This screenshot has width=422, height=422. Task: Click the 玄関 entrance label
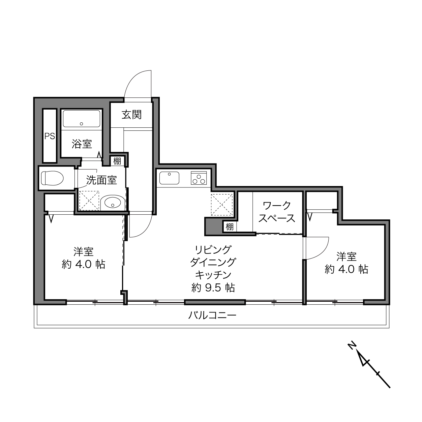(x=131, y=115)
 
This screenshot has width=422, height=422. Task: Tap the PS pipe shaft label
(x=50, y=136)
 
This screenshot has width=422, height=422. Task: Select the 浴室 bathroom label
(x=82, y=144)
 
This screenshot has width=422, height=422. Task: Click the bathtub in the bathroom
(x=82, y=118)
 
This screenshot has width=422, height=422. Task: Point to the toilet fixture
(x=52, y=178)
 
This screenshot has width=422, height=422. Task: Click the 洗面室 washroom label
(x=101, y=180)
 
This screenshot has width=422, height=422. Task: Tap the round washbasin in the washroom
(x=113, y=202)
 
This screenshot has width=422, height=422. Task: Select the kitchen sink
(x=169, y=178)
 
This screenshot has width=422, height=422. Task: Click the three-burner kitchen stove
(x=199, y=178)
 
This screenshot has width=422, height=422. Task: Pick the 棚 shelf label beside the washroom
(x=117, y=161)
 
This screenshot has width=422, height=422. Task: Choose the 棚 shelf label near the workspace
(x=230, y=227)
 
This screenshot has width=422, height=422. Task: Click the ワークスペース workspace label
(x=277, y=212)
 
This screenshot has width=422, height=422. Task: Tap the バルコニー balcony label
(x=212, y=315)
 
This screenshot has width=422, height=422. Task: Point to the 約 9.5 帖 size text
(x=213, y=288)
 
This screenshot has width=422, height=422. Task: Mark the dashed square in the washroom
(x=89, y=200)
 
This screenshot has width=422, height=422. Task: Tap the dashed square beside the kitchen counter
(x=222, y=205)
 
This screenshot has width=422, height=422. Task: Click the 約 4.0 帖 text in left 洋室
(x=84, y=264)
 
